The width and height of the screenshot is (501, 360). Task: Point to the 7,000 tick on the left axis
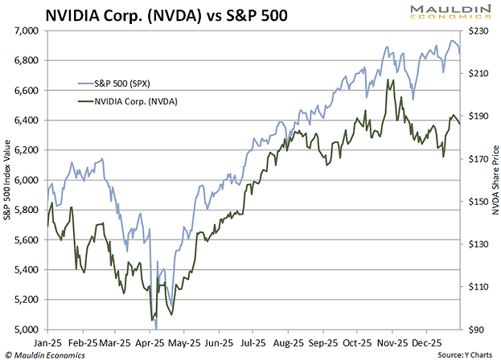click(x=27, y=31)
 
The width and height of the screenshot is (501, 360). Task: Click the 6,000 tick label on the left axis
click(x=27, y=180)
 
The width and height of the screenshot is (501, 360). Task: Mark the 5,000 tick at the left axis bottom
click(x=27, y=329)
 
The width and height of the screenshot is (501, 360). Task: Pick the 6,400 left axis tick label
click(x=27, y=121)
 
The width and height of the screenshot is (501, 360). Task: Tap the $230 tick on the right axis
click(x=479, y=31)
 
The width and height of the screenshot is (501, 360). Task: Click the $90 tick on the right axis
click(x=478, y=329)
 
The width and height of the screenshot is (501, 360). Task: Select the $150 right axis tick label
click(x=479, y=202)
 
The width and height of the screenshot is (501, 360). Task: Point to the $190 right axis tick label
click(x=479, y=116)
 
